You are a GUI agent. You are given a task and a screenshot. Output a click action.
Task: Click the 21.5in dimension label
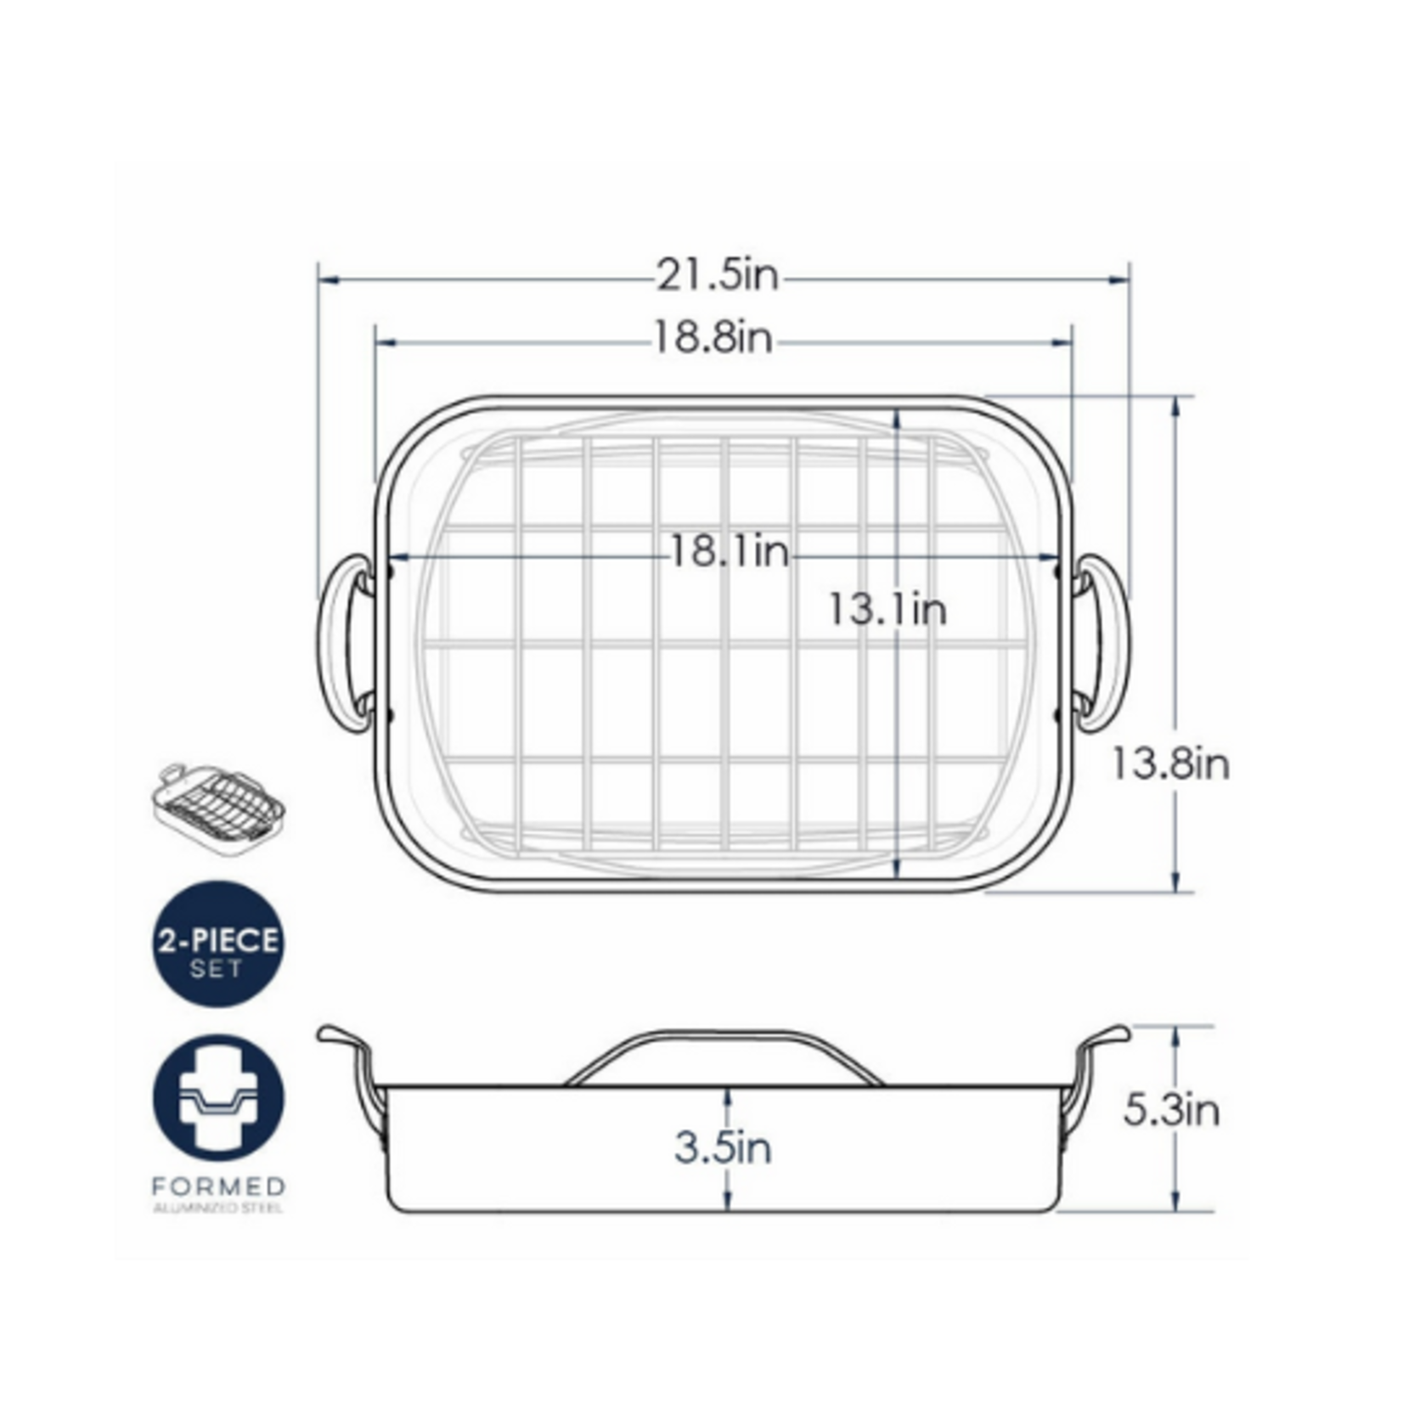(716, 276)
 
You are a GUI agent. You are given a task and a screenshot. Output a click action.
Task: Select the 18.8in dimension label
(713, 339)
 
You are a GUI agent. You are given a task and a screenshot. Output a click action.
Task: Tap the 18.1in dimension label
(730, 553)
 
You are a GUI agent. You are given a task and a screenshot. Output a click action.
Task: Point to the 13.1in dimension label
(887, 610)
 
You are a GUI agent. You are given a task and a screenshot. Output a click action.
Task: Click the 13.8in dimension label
(1169, 764)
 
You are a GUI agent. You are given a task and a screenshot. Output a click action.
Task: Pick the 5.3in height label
(1171, 1110)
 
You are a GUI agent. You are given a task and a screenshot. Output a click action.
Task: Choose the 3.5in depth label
(724, 1148)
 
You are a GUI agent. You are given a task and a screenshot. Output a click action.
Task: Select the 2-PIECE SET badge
(217, 944)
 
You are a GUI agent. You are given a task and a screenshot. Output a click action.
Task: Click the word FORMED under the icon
(218, 1186)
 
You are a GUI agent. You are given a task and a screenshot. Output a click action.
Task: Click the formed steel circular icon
(218, 1097)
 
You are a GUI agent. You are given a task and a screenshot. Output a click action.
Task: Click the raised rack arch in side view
(724, 1038)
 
